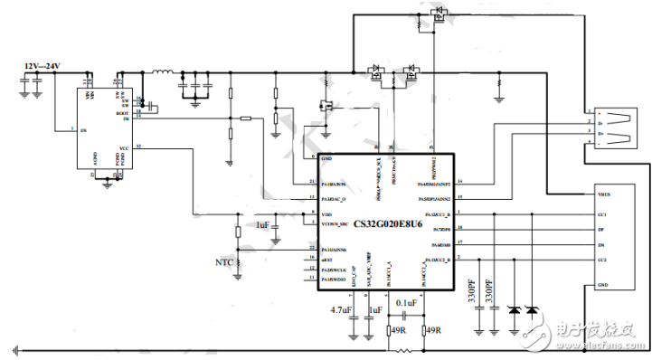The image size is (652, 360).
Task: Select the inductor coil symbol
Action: tap(163, 73)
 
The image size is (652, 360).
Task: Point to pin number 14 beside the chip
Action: tap(460, 183)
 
